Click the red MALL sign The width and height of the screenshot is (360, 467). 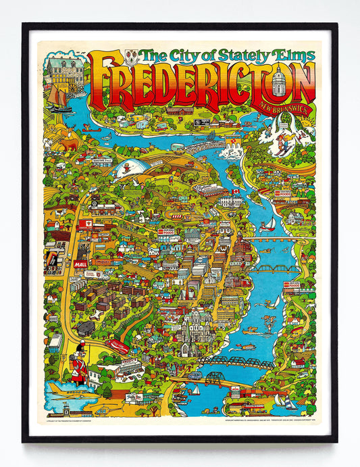pyautogui.click(x=81, y=264)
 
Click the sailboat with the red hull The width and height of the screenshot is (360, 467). pyautogui.click(x=268, y=223)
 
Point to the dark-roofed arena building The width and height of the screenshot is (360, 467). pyautogui.click(x=88, y=328)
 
